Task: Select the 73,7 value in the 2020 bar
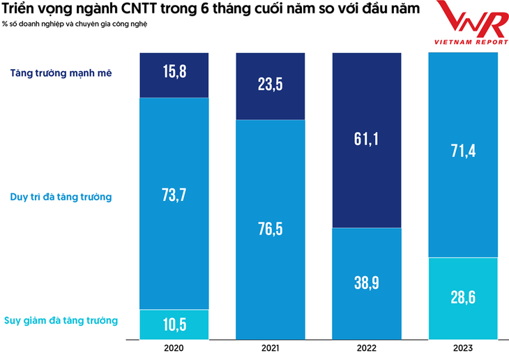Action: (174, 195)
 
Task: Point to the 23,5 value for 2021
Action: (269, 84)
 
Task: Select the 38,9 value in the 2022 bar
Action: (365, 283)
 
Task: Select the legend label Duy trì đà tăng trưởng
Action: (61, 197)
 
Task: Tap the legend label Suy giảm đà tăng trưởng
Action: (61, 320)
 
